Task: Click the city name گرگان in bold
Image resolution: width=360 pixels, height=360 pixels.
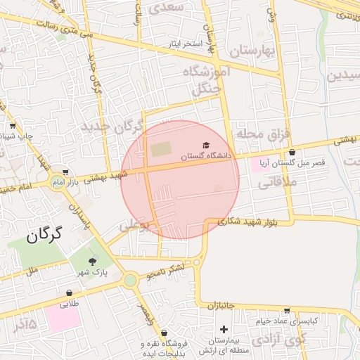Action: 44,234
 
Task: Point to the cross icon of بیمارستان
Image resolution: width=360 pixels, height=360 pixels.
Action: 224,328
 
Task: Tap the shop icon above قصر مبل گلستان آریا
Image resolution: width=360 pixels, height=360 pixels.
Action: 292,153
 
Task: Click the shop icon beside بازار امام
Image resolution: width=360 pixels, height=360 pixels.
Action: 65,172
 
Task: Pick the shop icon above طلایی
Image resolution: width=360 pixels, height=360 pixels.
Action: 70,292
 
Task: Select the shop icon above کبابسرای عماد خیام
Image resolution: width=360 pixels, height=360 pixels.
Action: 287,310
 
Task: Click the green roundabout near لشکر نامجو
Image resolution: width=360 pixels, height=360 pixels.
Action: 130,281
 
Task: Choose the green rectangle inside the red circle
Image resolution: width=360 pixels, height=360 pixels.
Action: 161,150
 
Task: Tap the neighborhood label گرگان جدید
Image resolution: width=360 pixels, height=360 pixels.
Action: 111,127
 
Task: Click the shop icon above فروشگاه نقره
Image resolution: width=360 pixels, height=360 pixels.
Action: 164,333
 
